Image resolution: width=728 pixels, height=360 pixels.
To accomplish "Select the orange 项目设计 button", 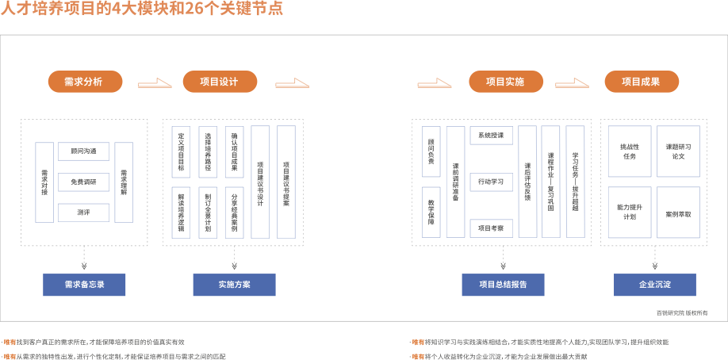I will [220, 82].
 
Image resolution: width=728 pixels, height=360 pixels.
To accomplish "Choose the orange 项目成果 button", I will [642, 82].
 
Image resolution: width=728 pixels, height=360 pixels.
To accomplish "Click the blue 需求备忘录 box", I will [85, 285].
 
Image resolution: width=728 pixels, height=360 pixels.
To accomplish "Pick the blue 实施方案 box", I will [234, 285].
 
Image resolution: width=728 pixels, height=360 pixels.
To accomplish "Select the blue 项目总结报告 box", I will [504, 285].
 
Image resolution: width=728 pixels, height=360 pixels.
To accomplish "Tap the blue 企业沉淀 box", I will [654, 285].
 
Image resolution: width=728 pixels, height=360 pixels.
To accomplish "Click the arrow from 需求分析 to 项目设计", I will [155, 82].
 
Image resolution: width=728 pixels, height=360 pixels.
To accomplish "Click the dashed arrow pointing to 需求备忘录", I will [85, 259].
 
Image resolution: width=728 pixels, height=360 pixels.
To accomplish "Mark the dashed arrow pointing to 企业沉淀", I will [654, 259].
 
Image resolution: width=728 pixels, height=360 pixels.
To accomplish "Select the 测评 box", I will [83, 213].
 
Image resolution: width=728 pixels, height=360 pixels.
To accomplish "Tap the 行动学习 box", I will [491, 182].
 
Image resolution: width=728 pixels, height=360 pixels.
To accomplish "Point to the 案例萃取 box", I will [678, 213].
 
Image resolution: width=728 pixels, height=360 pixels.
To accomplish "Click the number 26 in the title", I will [193, 10].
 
